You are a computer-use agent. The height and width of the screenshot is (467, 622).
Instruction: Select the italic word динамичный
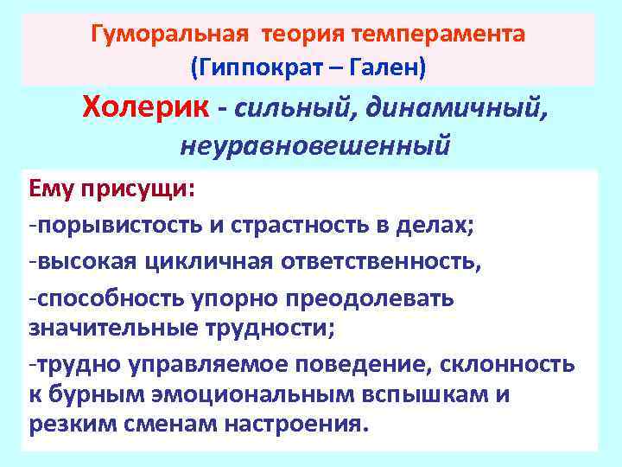[x=454, y=108]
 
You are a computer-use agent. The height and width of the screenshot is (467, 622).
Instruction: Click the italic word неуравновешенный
[x=314, y=144]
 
